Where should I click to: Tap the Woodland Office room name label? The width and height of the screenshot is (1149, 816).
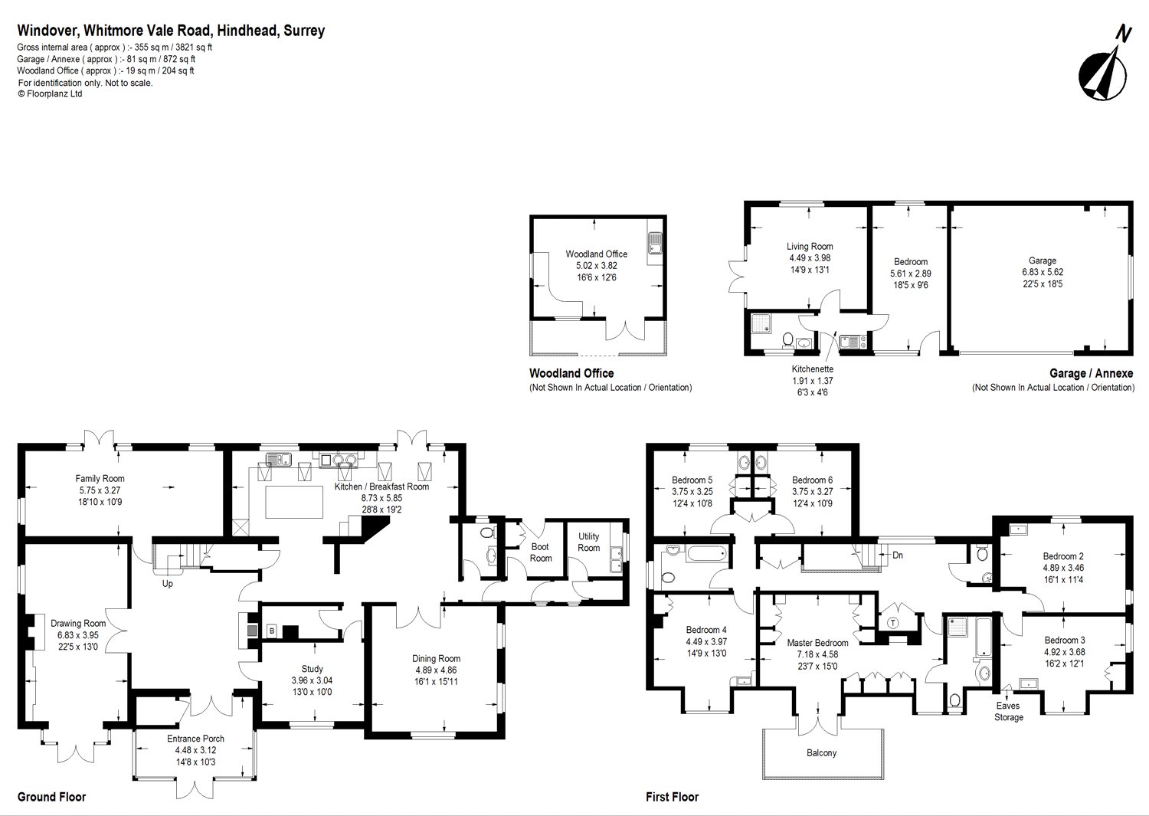[x=596, y=254]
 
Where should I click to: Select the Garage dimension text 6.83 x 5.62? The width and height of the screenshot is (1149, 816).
[x=1042, y=272]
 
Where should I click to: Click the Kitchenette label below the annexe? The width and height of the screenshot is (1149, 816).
[x=812, y=369]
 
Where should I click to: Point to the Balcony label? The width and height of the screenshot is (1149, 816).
[x=821, y=753]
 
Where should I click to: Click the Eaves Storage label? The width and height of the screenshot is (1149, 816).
[x=1008, y=712]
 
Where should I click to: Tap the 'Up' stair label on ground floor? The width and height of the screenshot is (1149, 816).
[x=167, y=584]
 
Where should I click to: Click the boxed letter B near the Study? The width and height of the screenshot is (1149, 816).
[x=270, y=631]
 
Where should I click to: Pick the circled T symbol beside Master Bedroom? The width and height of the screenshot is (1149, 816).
[x=893, y=622]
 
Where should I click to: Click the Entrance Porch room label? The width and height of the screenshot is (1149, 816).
[x=195, y=739]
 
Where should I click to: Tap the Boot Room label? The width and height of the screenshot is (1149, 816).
[x=540, y=552]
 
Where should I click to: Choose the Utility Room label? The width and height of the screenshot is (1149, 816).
[x=588, y=542]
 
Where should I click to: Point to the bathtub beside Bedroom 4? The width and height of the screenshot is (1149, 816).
[x=706, y=553]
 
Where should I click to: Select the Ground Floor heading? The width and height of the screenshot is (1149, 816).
[x=51, y=797]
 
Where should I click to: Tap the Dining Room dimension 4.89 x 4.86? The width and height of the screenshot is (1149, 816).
[x=436, y=670]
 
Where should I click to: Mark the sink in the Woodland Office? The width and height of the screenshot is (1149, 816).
[x=654, y=244]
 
